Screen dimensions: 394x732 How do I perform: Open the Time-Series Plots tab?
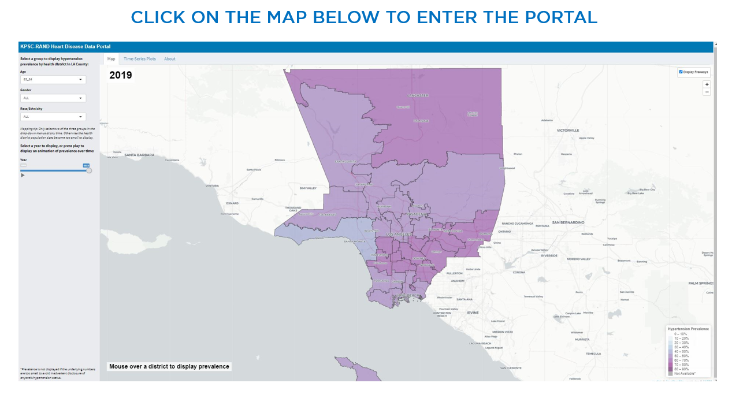click(140, 59)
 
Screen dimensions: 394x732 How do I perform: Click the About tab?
click(170, 59)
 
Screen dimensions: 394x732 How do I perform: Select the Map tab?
click(112, 59)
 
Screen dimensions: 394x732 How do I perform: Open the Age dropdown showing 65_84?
click(53, 80)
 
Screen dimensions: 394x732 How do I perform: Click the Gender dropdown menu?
click(53, 98)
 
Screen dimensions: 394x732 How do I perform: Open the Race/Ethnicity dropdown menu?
click(53, 117)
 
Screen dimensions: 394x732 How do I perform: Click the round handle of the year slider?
click(89, 170)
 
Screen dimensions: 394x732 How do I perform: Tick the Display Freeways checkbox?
click(681, 72)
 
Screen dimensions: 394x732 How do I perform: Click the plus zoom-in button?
click(707, 84)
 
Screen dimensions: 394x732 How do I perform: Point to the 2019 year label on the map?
click(121, 76)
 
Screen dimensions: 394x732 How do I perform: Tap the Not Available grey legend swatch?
click(671, 374)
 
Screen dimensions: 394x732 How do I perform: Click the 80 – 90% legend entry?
click(681, 369)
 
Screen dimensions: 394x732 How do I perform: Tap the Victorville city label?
click(567, 131)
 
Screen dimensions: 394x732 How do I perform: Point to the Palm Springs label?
click(702, 283)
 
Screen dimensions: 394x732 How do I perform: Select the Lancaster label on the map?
click(418, 95)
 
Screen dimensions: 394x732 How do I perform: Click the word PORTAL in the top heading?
click(559, 17)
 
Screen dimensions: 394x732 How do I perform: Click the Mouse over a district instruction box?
click(169, 366)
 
